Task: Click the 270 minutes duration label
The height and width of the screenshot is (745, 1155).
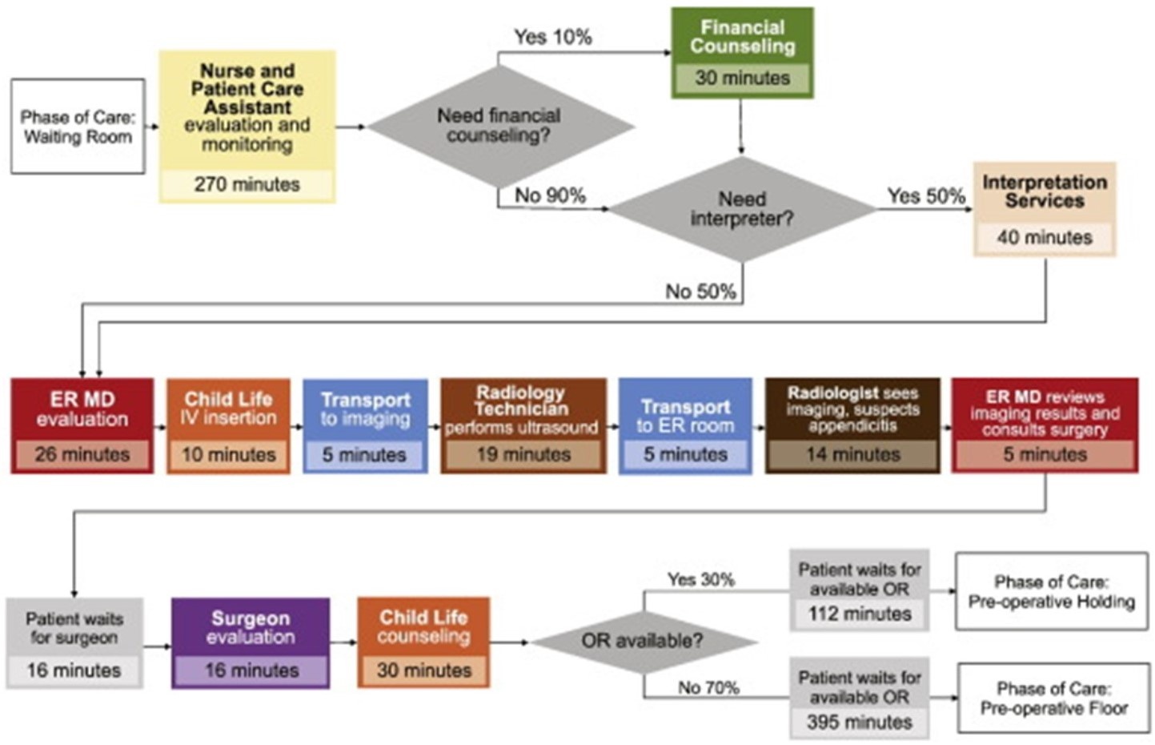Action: tap(247, 184)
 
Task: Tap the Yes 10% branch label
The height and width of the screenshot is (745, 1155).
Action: tap(552, 37)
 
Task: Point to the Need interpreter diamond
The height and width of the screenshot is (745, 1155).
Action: tap(741, 208)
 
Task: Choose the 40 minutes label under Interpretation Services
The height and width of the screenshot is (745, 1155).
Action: tap(1044, 237)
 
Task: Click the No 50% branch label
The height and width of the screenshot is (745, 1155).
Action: tap(700, 292)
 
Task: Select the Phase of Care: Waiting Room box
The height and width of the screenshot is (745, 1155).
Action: tap(78, 127)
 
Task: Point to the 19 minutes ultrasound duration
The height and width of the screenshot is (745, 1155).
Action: tap(523, 455)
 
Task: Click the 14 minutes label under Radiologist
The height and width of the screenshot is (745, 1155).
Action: tap(852, 455)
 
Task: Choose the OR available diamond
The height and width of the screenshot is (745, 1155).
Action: tap(642, 641)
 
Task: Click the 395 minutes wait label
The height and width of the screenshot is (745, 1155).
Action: tap(859, 722)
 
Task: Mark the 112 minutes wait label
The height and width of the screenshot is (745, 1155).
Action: tap(859, 614)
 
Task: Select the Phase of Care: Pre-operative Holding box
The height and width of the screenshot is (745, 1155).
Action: tap(1051, 591)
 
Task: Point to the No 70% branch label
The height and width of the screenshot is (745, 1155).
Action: tap(708, 687)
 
